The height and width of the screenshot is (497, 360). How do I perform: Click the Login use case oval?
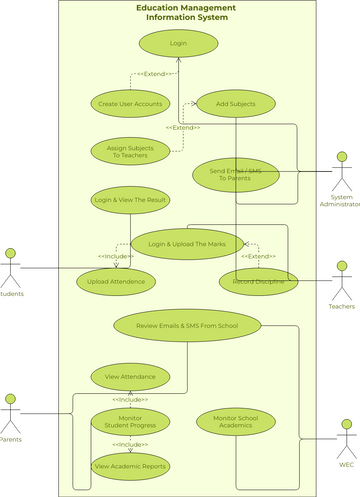click(x=178, y=43)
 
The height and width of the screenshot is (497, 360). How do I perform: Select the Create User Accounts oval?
click(x=130, y=103)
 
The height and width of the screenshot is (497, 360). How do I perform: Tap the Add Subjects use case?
click(x=234, y=103)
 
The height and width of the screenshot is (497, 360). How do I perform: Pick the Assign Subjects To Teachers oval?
click(x=130, y=151)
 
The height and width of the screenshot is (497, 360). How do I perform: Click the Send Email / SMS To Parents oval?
click(x=234, y=173)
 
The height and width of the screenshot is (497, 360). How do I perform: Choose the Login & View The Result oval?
click(x=130, y=200)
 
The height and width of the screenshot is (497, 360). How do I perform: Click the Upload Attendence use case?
click(x=116, y=282)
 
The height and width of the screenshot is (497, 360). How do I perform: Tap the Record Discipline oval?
click(x=258, y=282)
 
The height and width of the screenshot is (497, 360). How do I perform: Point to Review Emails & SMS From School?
click(x=187, y=325)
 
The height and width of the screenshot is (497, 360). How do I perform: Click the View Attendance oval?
click(x=130, y=377)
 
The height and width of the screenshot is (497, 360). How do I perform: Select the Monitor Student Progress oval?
click(x=130, y=421)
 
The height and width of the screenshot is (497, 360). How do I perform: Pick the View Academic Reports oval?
click(x=130, y=465)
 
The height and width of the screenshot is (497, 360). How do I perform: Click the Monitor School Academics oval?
click(x=235, y=421)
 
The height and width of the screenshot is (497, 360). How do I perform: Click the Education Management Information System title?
click(x=186, y=13)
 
